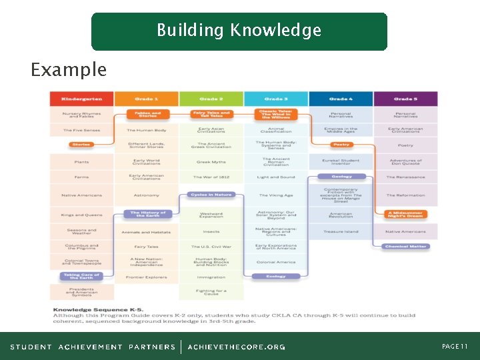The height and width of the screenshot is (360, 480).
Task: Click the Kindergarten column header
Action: coord(81,99)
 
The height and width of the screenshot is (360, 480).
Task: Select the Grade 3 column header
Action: coord(276,99)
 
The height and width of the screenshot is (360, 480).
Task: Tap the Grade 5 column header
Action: coord(405,99)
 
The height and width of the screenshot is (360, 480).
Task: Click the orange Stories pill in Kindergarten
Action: coord(81,144)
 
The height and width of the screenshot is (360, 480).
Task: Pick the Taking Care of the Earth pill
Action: coord(81,275)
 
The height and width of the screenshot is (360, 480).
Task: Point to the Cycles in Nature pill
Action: coord(211,195)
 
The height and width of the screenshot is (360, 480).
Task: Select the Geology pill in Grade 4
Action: coord(341,177)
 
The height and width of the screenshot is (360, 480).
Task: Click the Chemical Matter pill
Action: coord(405,247)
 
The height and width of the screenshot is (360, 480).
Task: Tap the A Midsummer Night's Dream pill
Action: coord(405,214)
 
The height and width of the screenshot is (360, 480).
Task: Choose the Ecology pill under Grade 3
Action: coord(276,276)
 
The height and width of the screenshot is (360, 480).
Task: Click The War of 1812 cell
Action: coord(211,177)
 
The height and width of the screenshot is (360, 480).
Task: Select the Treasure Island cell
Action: coord(341,231)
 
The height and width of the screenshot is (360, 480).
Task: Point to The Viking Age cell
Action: coord(276,195)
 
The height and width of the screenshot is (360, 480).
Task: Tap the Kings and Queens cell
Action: coord(81,215)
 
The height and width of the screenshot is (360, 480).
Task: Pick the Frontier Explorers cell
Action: coord(146,277)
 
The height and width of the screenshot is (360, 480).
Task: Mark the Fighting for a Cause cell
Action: coord(211,291)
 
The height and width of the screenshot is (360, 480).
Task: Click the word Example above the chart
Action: coord(68,69)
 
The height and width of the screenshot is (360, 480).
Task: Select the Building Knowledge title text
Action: coord(239,31)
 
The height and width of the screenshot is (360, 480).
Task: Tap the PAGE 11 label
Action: coord(455,347)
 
